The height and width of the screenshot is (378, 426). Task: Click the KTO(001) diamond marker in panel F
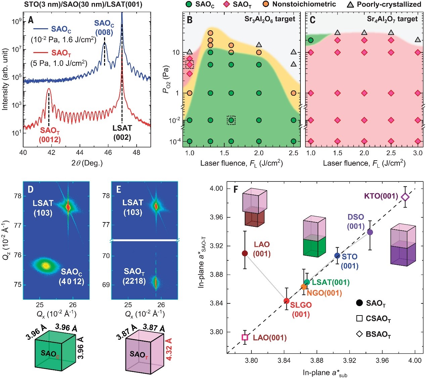click(x=405, y=197)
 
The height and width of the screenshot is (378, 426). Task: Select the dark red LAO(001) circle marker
click(x=245, y=253)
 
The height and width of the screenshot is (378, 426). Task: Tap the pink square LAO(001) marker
click(x=245, y=337)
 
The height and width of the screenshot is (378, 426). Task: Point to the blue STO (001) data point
click(x=337, y=256)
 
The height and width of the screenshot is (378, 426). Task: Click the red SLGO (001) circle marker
click(x=286, y=301)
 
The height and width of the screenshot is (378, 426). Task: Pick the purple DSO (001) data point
click(x=370, y=232)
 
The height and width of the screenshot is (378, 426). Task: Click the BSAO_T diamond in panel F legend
click(x=360, y=334)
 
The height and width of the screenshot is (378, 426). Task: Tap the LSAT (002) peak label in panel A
click(x=122, y=132)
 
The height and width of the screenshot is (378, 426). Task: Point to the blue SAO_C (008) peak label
click(x=104, y=28)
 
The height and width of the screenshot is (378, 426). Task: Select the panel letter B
click(x=190, y=20)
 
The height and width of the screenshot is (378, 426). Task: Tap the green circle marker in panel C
click(x=311, y=40)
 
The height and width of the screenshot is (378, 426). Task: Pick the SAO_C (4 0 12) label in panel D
click(x=72, y=276)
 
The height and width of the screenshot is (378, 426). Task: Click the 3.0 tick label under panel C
click(x=418, y=153)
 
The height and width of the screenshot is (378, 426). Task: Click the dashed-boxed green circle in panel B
click(x=231, y=120)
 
